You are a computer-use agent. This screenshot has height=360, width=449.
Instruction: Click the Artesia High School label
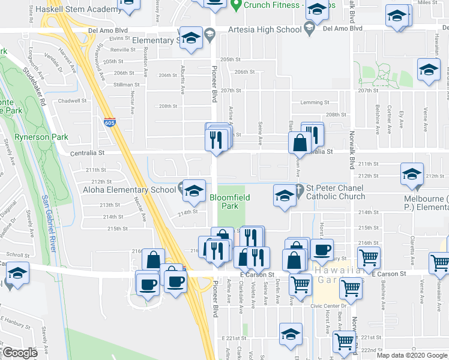coord(265,29)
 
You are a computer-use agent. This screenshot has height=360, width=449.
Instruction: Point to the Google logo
coord(20,353)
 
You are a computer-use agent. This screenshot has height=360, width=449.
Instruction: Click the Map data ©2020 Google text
coord(411,355)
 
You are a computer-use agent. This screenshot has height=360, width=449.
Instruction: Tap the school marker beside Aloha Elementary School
coord(193,191)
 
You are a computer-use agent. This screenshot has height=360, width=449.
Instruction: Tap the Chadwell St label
coord(73,101)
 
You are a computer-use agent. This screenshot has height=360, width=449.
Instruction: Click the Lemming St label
coord(315,103)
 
